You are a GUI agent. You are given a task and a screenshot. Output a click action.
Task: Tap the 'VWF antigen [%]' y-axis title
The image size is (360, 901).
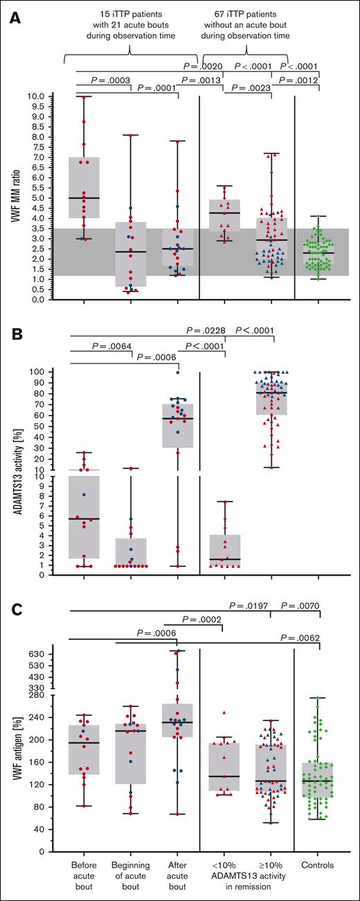click(15, 749)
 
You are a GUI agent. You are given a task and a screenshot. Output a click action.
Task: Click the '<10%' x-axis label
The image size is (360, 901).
click(223, 865)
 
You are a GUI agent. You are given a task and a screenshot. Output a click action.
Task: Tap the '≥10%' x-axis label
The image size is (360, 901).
click(271, 865)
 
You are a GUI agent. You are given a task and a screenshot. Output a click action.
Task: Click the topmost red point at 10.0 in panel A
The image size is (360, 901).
click(84, 97)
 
